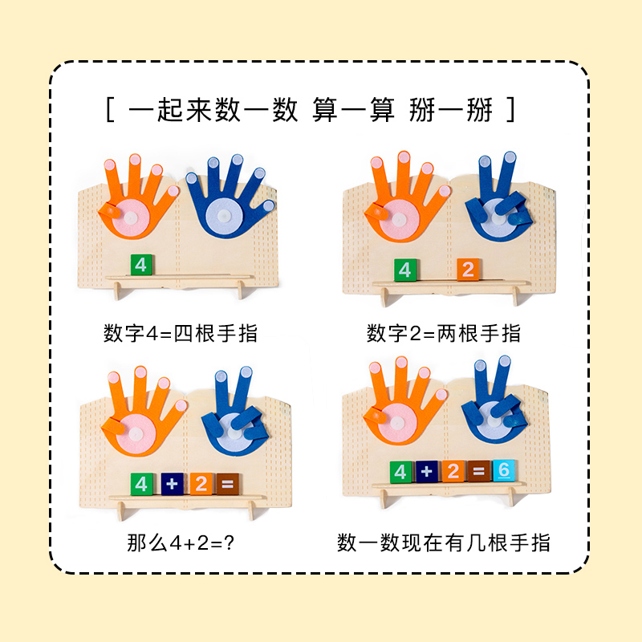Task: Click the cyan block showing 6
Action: pyautogui.click(x=503, y=471)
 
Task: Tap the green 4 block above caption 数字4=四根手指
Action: pyautogui.click(x=141, y=265)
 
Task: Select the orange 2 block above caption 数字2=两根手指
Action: pyautogui.click(x=469, y=270)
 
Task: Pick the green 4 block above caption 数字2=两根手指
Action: pyautogui.click(x=404, y=270)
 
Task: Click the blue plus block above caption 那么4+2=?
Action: pyautogui.click(x=171, y=484)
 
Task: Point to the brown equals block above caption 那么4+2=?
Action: pyautogui.click(x=227, y=484)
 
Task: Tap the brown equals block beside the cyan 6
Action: pyautogui.click(x=478, y=472)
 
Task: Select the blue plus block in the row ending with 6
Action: pyautogui.click(x=427, y=472)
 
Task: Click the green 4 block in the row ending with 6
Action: pyautogui.click(x=401, y=472)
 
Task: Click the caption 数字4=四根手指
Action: pyautogui.click(x=181, y=333)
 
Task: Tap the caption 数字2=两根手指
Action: pyautogui.click(x=444, y=333)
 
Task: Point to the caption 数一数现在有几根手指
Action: pyautogui.click(x=444, y=543)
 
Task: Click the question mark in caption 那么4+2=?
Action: pyautogui.click(x=229, y=543)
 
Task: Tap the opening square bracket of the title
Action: pyautogui.click(x=110, y=110)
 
